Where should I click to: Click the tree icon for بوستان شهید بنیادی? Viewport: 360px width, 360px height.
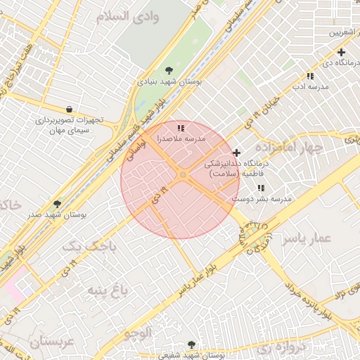169,70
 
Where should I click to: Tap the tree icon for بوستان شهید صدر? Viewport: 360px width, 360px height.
57,204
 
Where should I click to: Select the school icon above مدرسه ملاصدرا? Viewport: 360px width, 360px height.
181,128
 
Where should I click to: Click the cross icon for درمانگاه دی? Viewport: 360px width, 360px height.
341,52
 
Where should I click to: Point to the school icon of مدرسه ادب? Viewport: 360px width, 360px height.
310,76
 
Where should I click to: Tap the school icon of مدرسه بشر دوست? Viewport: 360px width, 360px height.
261,188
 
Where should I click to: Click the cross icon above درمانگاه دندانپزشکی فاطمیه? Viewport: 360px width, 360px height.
236,153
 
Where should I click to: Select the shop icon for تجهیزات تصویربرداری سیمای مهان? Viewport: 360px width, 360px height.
69,109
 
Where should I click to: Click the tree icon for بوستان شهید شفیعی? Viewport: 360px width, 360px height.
191,345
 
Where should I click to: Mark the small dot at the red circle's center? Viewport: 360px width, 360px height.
183,174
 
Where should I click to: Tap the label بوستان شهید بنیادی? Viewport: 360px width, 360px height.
169,82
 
